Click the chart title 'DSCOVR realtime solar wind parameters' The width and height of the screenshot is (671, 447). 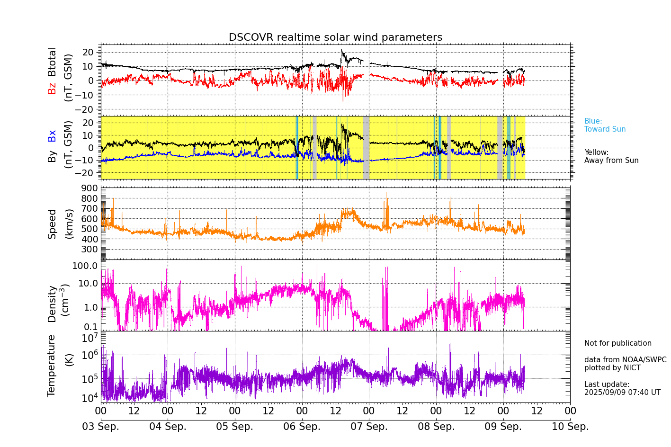pyautogui.click(x=335, y=37)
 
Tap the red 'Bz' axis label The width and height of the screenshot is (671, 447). pyautogui.click(x=52, y=88)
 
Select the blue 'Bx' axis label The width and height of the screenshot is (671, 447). pyautogui.click(x=52, y=135)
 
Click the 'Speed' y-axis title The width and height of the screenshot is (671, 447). pyautogui.click(x=52, y=223)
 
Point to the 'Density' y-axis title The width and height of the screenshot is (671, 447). pyautogui.click(x=52, y=304)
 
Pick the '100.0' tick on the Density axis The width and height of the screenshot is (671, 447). pyautogui.click(x=85, y=266)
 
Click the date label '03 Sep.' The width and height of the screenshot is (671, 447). pyautogui.click(x=101, y=427)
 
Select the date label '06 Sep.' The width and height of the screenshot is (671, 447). pyautogui.click(x=302, y=427)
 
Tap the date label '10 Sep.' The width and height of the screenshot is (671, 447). pyautogui.click(x=570, y=427)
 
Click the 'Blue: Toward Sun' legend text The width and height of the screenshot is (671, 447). pyautogui.click(x=605, y=125)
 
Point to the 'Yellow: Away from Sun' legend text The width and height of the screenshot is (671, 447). pyautogui.click(x=611, y=156)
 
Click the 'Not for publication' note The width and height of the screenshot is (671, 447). pyautogui.click(x=617, y=343)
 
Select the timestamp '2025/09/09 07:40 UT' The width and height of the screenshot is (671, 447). pyautogui.click(x=622, y=393)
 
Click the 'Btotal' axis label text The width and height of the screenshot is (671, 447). pyautogui.click(x=52, y=62)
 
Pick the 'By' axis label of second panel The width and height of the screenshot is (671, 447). pyautogui.click(x=52, y=156)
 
